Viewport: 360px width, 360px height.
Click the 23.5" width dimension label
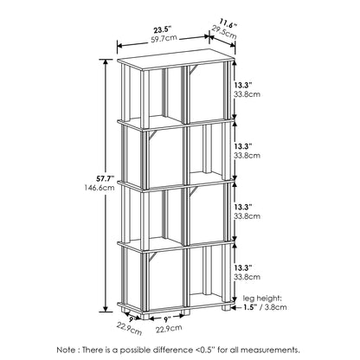(x=162, y=30)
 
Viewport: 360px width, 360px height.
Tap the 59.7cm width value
(x=164, y=39)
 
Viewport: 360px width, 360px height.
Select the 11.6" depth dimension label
(x=228, y=22)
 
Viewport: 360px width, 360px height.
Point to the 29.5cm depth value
(x=224, y=32)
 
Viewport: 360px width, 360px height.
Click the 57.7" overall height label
(x=106, y=178)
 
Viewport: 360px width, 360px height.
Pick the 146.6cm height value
(x=100, y=188)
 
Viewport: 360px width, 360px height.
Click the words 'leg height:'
(x=262, y=298)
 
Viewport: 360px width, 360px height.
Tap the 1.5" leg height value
(x=250, y=307)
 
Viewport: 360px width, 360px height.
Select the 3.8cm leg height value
(x=275, y=307)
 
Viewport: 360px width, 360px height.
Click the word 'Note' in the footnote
(x=66, y=350)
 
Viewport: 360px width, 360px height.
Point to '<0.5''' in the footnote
(x=204, y=350)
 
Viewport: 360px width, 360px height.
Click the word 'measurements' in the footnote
(x=269, y=350)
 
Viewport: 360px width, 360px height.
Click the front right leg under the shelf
(x=226, y=307)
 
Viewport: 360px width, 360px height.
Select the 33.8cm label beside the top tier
(x=247, y=94)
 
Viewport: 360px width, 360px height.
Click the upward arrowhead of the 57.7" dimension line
(x=106, y=62)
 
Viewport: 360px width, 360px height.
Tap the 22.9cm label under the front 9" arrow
(x=169, y=329)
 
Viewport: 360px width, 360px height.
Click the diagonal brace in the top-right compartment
(x=194, y=70)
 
